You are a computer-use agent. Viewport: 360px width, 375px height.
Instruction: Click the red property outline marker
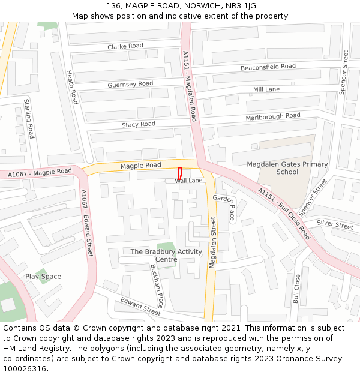(179, 172)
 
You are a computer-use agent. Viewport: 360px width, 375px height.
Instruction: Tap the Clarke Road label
(125, 46)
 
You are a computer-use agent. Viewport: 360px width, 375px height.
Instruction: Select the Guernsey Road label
(130, 85)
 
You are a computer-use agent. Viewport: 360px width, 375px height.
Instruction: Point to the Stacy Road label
(139, 124)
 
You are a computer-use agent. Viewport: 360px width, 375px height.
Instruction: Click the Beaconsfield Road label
(268, 67)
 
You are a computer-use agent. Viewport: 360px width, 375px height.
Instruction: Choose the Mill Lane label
(266, 89)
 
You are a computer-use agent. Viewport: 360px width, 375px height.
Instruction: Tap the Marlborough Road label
(273, 116)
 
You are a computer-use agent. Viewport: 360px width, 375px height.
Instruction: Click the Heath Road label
(72, 87)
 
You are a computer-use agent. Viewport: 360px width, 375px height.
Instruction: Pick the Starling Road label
(29, 119)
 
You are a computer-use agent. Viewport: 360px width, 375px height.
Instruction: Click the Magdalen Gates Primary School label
(287, 168)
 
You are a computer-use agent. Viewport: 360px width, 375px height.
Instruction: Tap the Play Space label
(43, 277)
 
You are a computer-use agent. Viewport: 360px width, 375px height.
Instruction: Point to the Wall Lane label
(188, 180)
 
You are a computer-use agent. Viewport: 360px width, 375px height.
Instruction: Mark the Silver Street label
(335, 225)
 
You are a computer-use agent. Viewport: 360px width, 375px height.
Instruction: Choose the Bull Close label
(296, 289)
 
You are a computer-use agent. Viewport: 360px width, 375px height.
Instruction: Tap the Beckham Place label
(157, 286)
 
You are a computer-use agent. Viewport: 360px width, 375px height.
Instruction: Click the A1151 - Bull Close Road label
(284, 213)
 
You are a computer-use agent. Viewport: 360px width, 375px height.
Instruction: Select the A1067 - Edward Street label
(87, 223)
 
